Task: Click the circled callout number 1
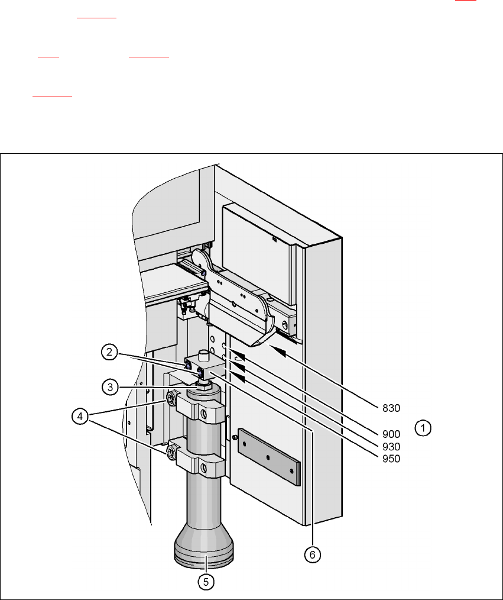tap(423, 428)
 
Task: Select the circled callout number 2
tap(109, 352)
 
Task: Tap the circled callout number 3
tap(110, 387)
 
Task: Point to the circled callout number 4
tap(80, 417)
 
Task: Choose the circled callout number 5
tap(206, 582)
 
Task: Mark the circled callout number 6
tap(312, 554)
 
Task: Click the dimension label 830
tap(391, 408)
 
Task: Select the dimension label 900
tap(391, 434)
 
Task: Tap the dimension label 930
tap(391, 447)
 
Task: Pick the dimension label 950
tap(391, 459)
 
